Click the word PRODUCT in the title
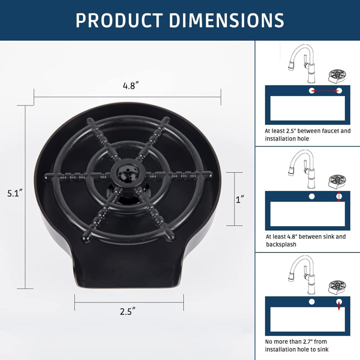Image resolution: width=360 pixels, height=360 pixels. click(118, 20)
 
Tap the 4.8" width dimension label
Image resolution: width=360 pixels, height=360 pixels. click(131, 86)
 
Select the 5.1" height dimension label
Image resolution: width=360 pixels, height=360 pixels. click(15, 193)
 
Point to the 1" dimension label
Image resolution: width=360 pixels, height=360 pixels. click(240, 199)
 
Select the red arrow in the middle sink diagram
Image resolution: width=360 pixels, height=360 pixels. click(339, 196)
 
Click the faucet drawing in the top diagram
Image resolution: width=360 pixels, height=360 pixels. click(303, 64)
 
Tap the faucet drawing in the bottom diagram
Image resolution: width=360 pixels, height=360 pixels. click(303, 275)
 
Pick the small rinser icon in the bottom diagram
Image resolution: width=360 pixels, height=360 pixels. click(337, 287)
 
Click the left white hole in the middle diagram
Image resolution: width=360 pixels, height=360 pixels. click(312, 196)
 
